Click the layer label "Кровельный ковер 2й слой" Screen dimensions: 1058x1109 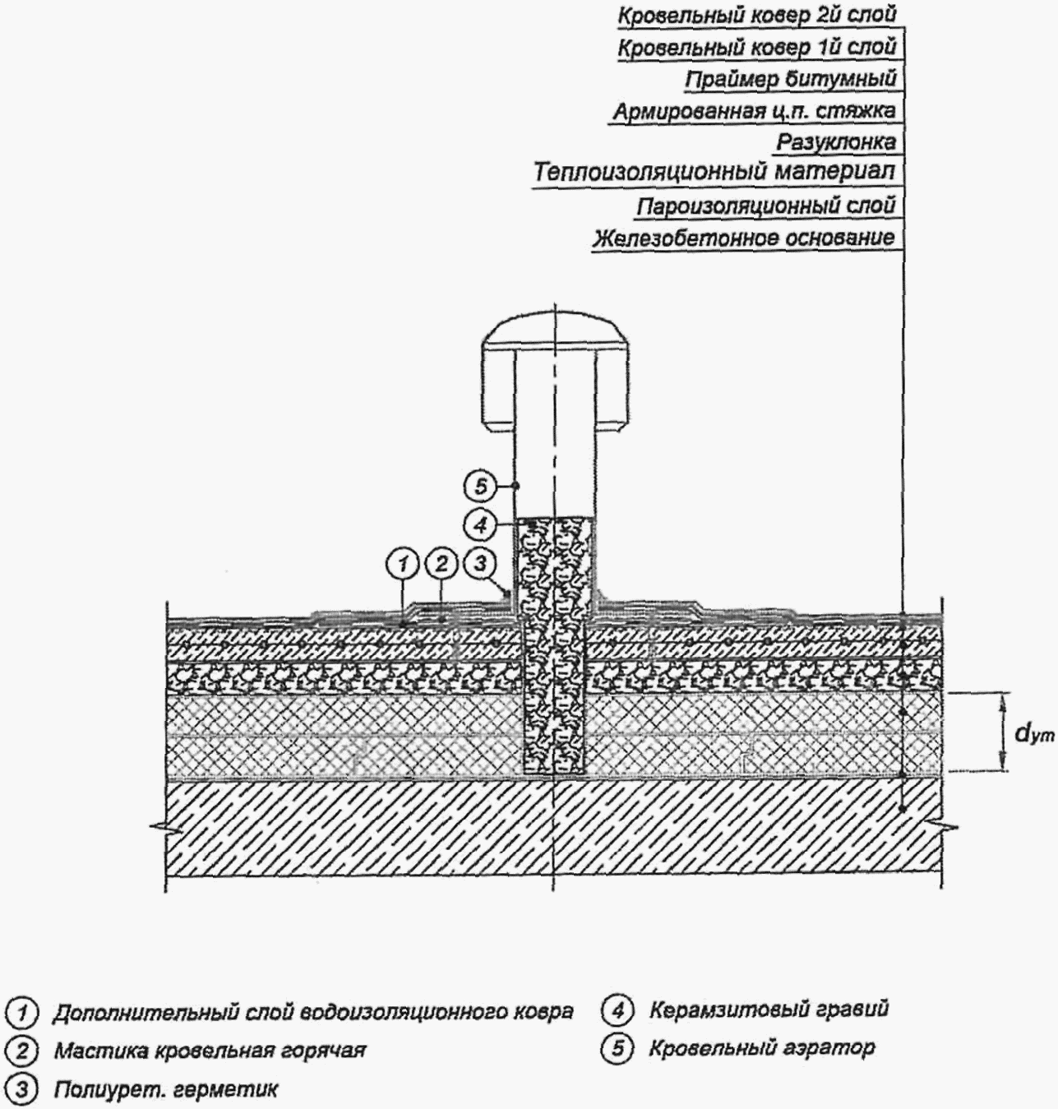pos(756,16)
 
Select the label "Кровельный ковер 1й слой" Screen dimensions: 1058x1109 pos(756,48)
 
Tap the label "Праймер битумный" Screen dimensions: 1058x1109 pos(791,79)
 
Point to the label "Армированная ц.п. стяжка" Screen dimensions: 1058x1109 pos(755,111)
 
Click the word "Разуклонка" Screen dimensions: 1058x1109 pos(836,141)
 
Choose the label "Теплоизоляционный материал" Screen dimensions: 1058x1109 pos(714,172)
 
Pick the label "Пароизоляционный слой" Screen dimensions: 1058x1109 pos(766,206)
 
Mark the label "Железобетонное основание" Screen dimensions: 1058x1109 pos(744,238)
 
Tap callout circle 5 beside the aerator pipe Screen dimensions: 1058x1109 pos(480,486)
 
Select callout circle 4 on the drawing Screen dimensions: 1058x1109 pos(479,526)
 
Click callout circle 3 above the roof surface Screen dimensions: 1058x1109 pos(479,563)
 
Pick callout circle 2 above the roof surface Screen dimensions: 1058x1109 pos(441,563)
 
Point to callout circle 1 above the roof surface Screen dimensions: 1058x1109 pos(402,563)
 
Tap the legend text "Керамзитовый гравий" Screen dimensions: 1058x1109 pos(769,1009)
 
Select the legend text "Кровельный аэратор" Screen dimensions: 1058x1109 pos(762,1048)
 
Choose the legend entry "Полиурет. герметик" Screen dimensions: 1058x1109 pos(166,1089)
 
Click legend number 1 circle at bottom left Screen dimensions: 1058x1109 pos(21,1013)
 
